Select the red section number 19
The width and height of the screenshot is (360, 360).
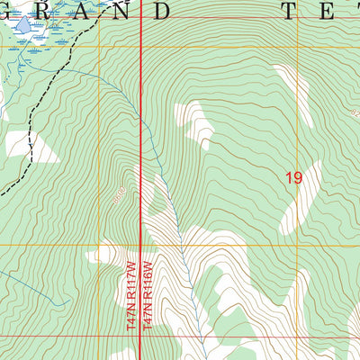pos(293,178)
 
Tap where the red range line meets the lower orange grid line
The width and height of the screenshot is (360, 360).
pos(140,243)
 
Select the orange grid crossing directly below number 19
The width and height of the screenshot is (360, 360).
pos(298,243)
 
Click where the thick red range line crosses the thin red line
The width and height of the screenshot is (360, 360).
pos(140,338)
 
